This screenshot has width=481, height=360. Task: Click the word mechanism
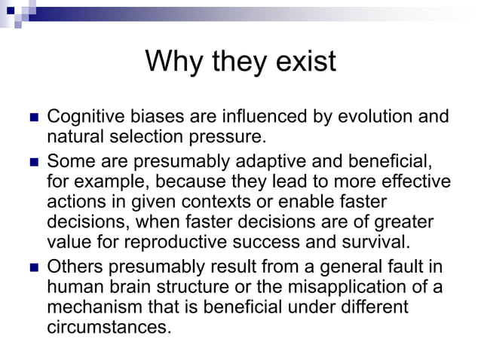(x=90, y=308)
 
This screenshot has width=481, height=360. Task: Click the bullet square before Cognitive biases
(x=32, y=118)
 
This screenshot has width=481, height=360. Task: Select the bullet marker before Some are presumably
(x=32, y=161)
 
